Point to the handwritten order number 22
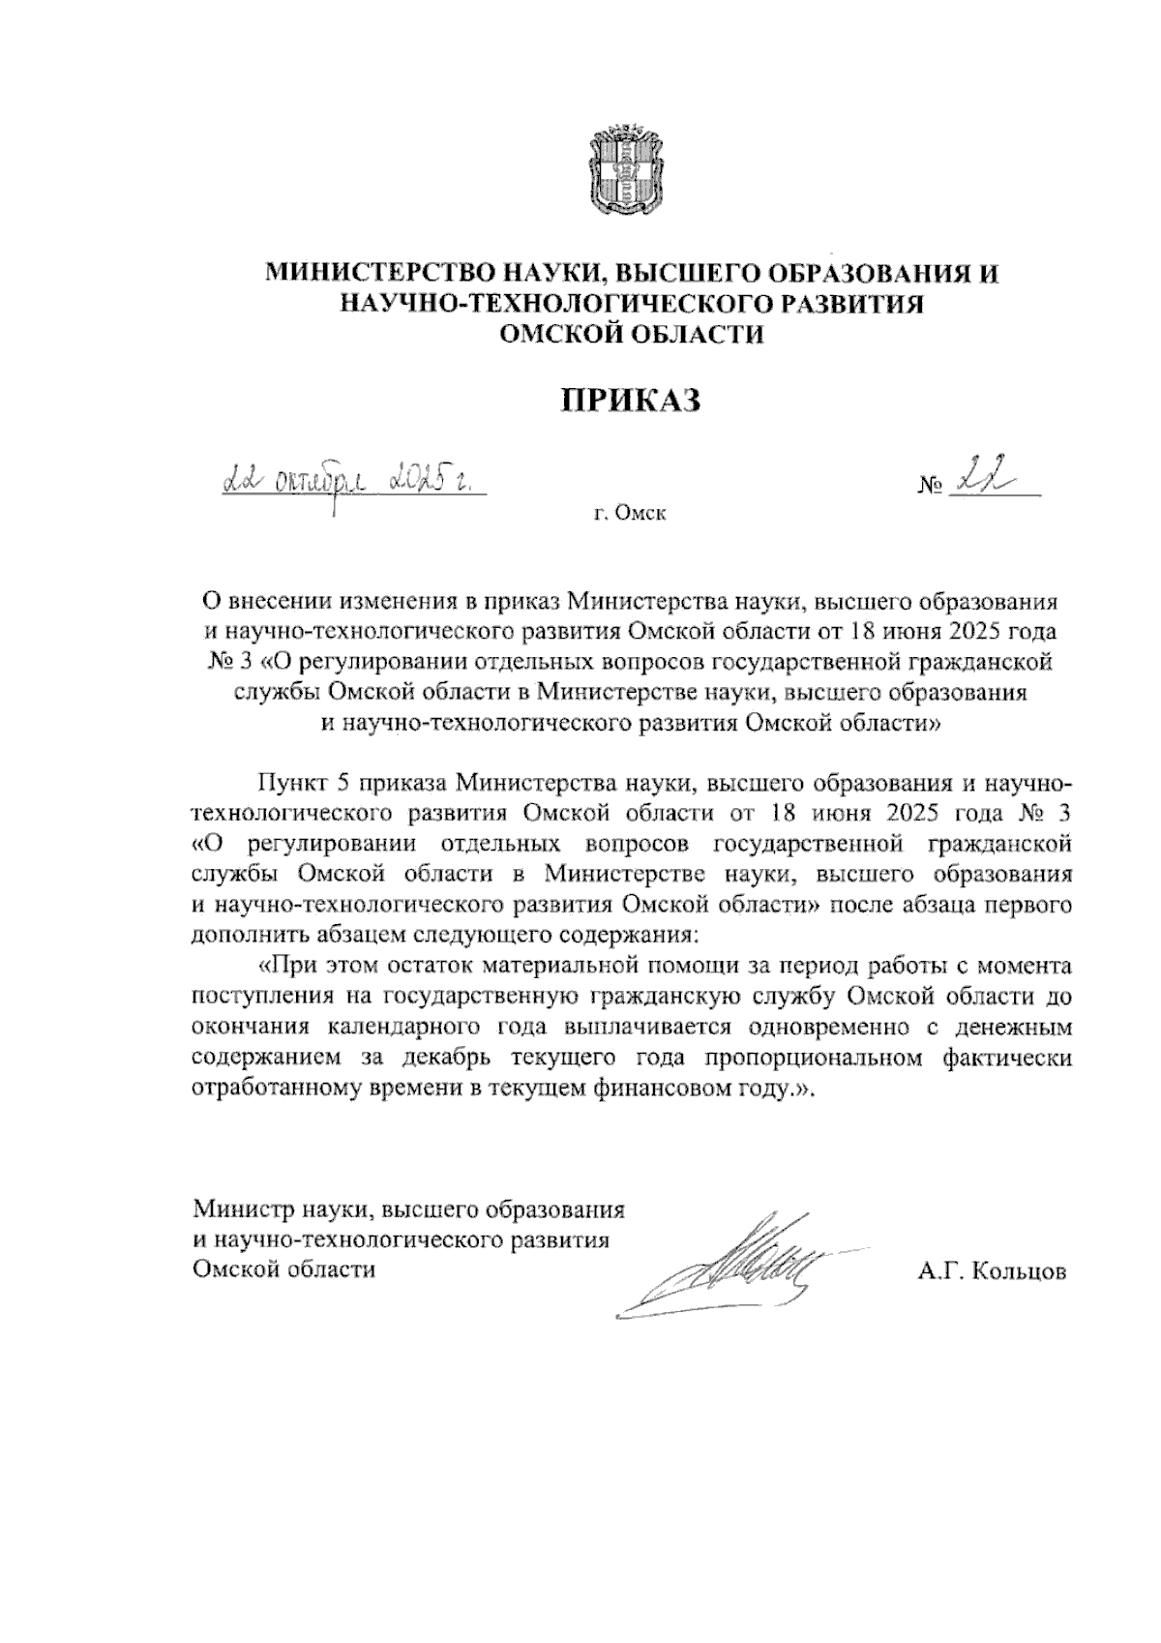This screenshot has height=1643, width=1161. click(981, 478)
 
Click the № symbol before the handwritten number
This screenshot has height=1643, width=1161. click(931, 485)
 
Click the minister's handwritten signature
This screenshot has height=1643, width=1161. click(735, 1263)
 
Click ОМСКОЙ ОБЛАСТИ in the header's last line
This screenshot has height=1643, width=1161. click(630, 335)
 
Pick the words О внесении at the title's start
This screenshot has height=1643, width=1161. click(260, 602)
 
